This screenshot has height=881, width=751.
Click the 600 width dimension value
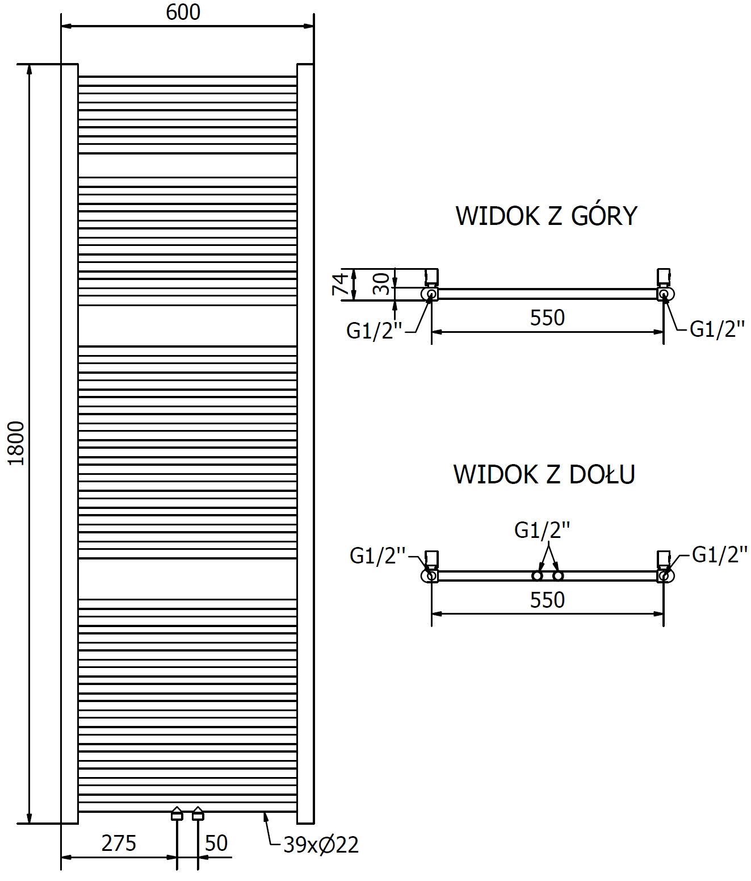click(x=183, y=12)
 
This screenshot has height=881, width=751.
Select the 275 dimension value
click(x=119, y=843)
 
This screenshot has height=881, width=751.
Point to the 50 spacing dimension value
click(x=216, y=843)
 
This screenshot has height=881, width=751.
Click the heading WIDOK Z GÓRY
click(x=547, y=216)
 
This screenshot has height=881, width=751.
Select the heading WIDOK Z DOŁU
click(x=544, y=474)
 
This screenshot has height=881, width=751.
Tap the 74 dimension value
click(x=339, y=284)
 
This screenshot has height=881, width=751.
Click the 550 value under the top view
click(x=547, y=318)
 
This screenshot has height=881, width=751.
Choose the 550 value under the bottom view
click(x=547, y=600)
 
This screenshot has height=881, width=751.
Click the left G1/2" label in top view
click(x=374, y=331)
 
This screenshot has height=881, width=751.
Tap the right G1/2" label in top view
click(x=717, y=329)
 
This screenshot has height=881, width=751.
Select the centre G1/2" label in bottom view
click(x=542, y=530)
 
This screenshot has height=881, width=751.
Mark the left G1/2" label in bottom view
click(x=378, y=556)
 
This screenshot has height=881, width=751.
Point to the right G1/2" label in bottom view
click(x=719, y=554)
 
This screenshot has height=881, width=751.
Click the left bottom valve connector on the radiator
click(x=177, y=815)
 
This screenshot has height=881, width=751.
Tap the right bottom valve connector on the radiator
click(x=198, y=815)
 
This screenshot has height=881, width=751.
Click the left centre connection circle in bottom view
click(x=537, y=576)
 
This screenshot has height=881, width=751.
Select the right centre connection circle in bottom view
click(x=558, y=576)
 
